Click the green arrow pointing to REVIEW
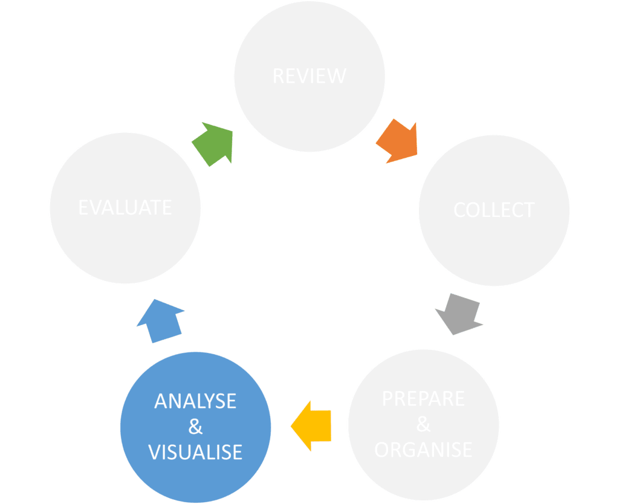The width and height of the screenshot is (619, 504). tap(213, 144)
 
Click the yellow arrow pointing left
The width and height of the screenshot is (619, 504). tap(313, 426)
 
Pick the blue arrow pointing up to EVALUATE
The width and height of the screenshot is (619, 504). tap(161, 321)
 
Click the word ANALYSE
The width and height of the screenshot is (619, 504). tap(195, 401)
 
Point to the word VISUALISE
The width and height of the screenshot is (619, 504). tap(195, 452)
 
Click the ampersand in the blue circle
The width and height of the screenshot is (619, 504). tap(195, 427)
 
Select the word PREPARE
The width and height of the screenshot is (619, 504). tap(423, 399)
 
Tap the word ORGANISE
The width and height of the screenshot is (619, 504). tap(423, 450)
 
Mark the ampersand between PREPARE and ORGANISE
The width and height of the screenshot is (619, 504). tap(423, 425)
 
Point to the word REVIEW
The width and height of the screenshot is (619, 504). tap(309, 76)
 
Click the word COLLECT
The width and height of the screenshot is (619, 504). tap(494, 210)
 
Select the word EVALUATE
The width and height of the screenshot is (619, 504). tap(125, 207)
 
